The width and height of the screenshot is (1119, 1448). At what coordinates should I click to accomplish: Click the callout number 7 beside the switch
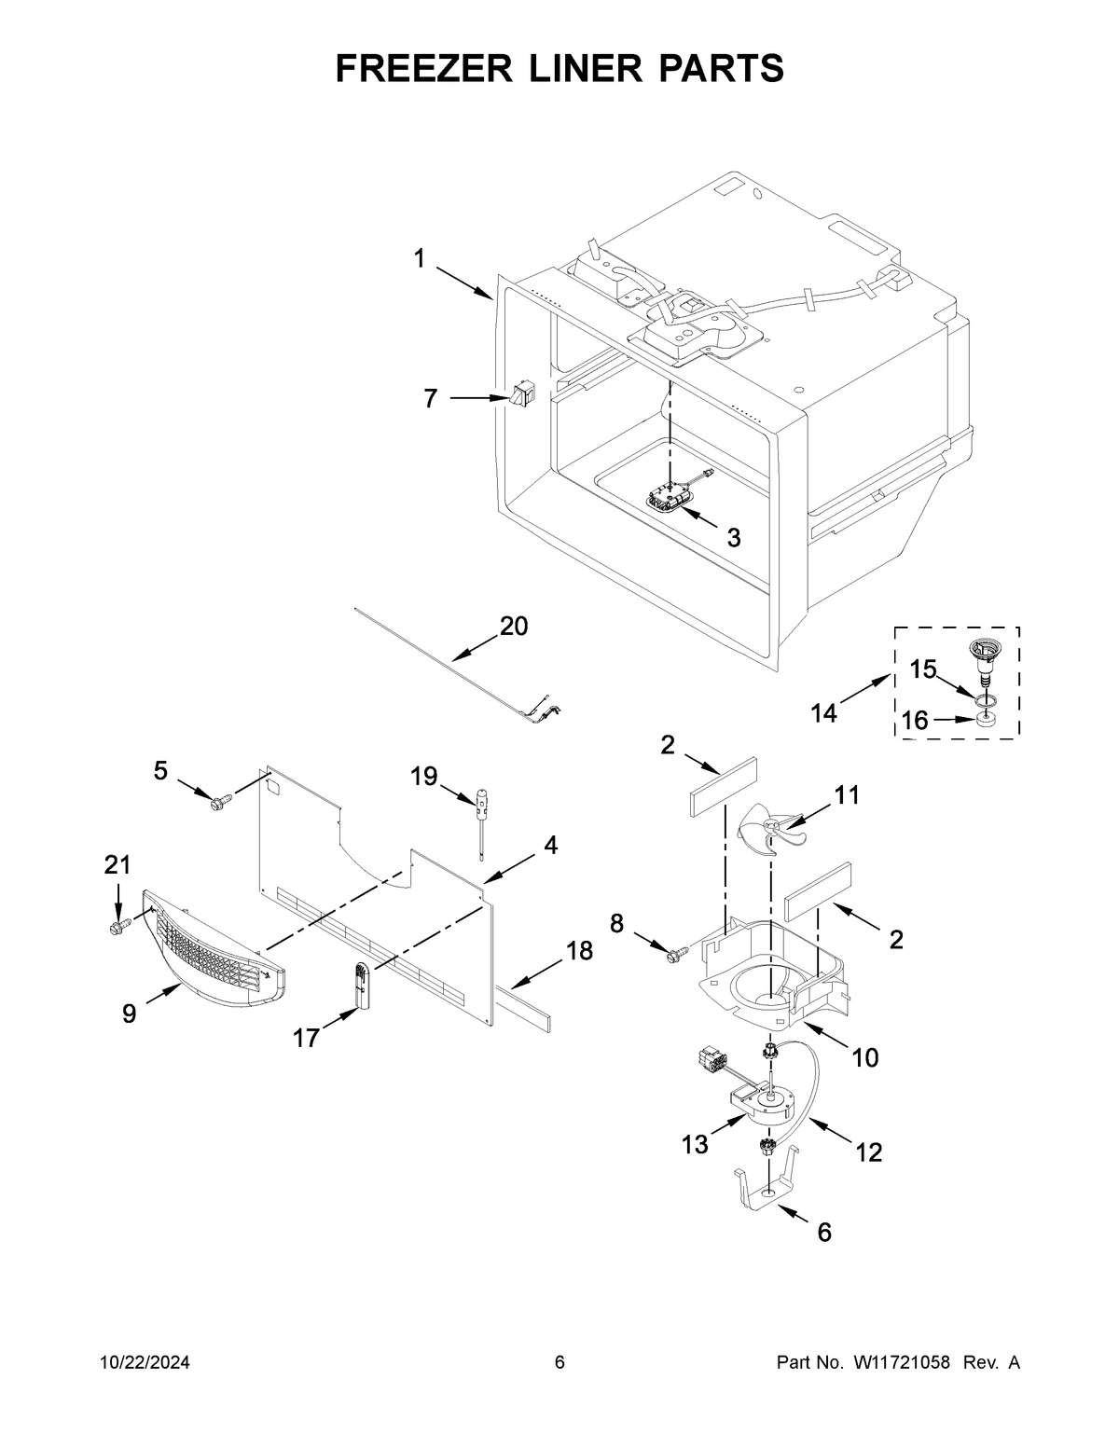[430, 399]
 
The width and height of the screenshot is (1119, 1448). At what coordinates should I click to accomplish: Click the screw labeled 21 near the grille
[117, 926]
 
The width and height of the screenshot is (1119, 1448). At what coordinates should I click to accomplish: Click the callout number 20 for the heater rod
[514, 626]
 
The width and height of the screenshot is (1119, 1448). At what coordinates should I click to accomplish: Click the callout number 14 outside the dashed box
[823, 713]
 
